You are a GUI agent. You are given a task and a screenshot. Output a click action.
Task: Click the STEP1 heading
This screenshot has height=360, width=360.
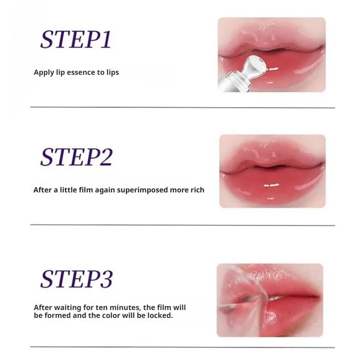[x=76, y=39]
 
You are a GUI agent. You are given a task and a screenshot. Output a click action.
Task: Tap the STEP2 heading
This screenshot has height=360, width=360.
[x=76, y=157]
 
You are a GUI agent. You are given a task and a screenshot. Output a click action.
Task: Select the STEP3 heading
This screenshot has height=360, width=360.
[x=76, y=278]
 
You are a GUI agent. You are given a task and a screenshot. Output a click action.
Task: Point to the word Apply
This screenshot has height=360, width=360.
[x=43, y=72]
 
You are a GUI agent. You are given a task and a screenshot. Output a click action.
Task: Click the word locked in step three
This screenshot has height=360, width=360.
[x=160, y=316]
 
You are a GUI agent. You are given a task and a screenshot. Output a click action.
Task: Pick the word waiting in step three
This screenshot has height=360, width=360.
[x=64, y=307]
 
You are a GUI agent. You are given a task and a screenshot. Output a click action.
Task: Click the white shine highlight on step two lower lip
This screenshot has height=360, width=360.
[x=272, y=186]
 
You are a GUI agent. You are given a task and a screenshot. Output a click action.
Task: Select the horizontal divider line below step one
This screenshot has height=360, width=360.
[x=182, y=107]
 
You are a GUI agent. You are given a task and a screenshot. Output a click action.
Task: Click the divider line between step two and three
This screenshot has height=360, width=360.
[x=182, y=225]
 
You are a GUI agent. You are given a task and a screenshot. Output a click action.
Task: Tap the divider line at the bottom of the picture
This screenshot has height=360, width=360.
[x=182, y=347]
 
